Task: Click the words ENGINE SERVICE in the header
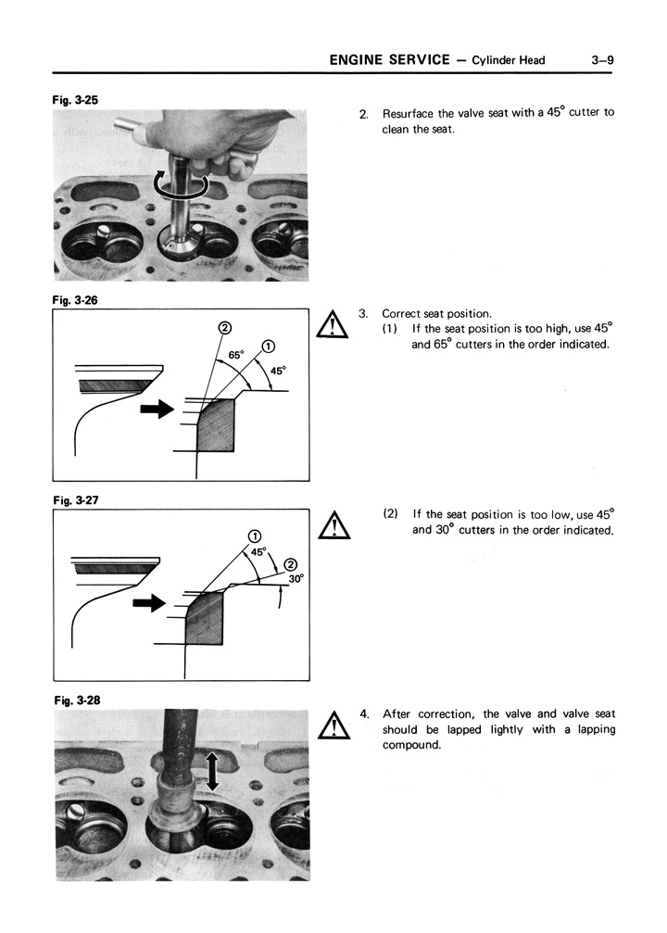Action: point(389,60)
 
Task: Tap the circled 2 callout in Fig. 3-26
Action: point(223,327)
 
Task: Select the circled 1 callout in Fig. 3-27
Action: point(254,536)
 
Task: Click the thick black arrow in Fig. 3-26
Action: point(156,409)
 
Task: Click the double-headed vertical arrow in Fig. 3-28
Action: point(212,771)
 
